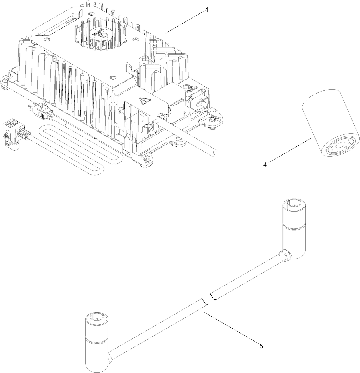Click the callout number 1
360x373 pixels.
(207, 10)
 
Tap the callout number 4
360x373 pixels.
(265, 165)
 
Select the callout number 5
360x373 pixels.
(261, 346)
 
